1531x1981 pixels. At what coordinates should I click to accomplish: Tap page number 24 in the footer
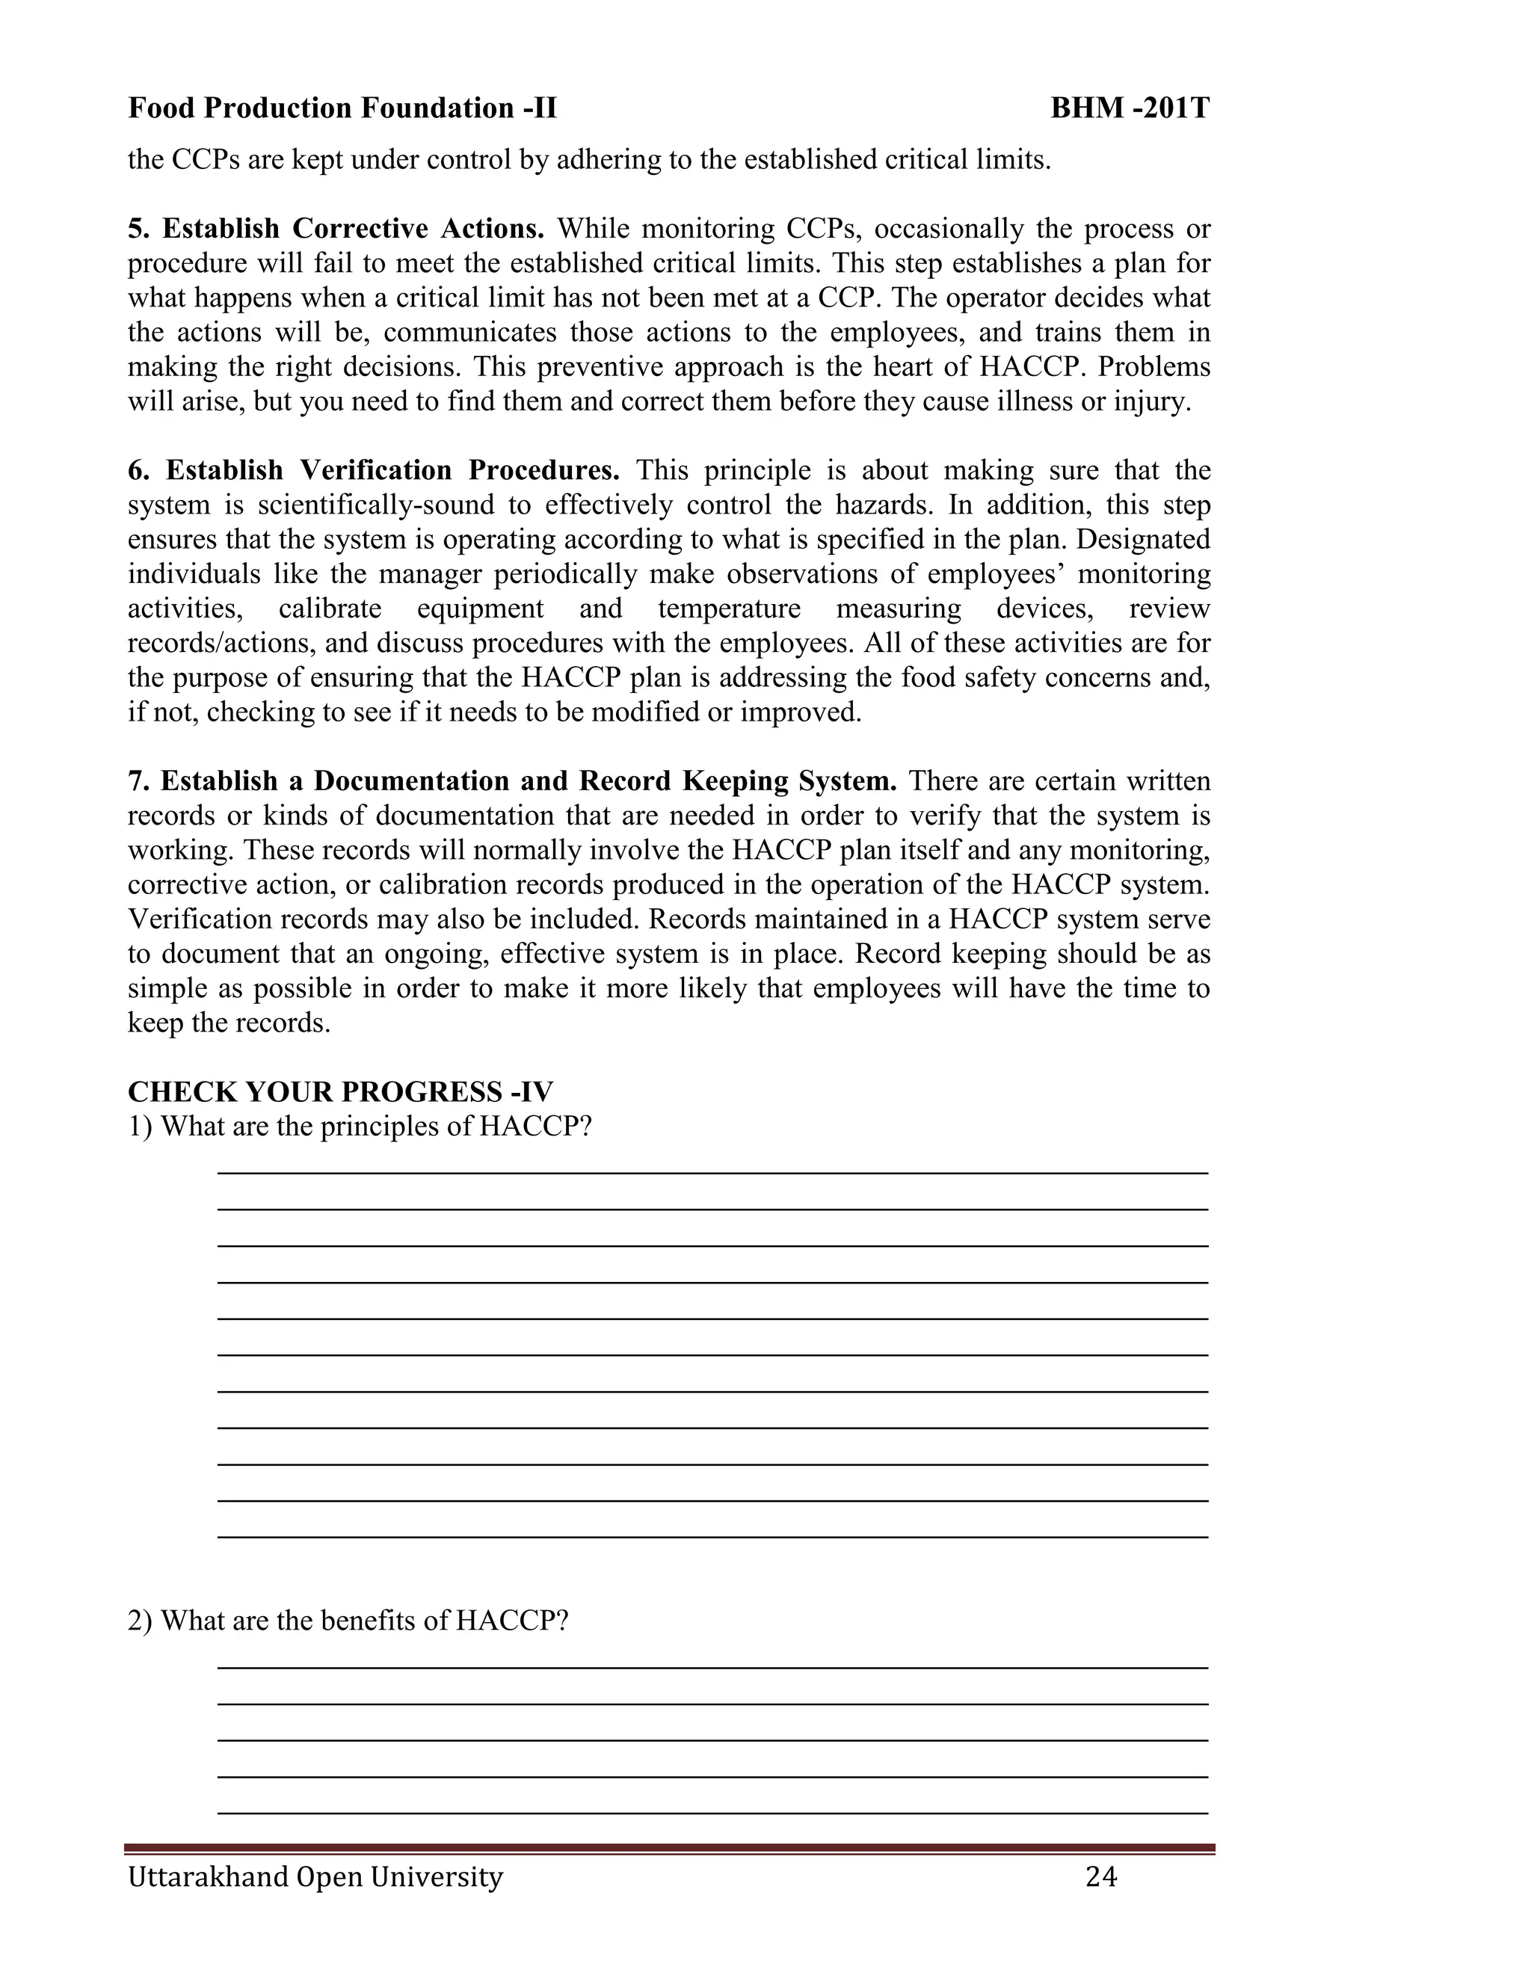[1100, 1876]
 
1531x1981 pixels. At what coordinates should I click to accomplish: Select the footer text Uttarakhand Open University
[315, 1876]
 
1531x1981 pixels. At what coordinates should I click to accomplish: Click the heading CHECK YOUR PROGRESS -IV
[340, 1091]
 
